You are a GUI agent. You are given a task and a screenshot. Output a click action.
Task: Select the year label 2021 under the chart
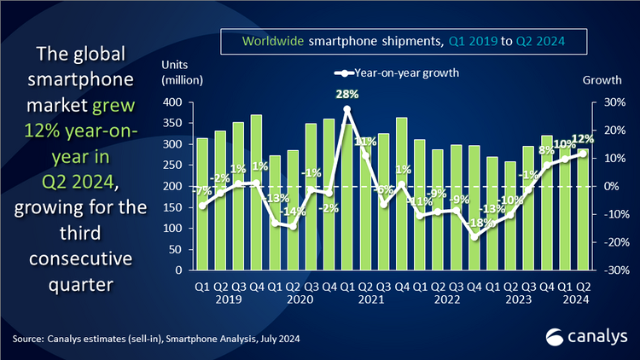pos(371,299)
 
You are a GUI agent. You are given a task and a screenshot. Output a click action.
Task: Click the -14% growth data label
pos(294,211)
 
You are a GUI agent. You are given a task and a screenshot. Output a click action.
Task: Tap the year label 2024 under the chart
pos(573,299)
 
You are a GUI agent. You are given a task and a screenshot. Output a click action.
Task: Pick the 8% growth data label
pos(548,150)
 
